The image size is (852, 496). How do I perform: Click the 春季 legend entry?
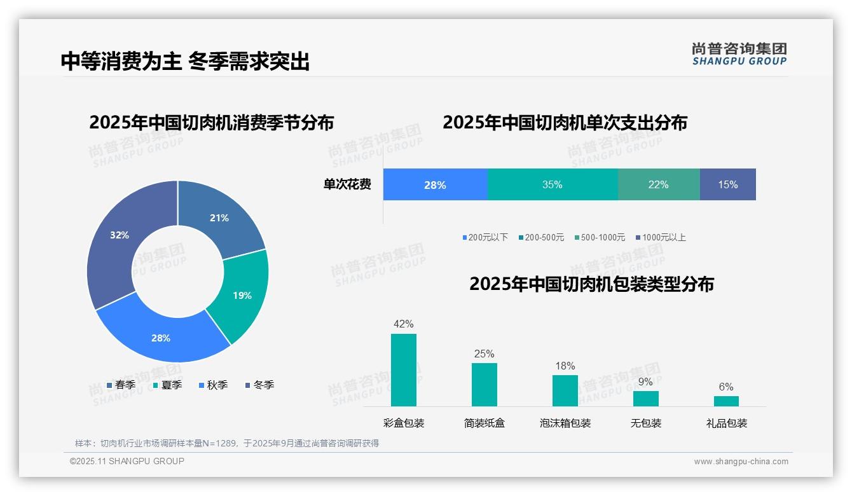click(121, 385)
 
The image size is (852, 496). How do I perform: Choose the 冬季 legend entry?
click(259, 385)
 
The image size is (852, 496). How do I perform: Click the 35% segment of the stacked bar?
click(552, 184)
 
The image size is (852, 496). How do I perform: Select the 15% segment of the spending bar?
click(727, 184)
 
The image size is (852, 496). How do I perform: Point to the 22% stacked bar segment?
click(658, 184)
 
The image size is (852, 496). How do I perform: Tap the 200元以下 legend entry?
click(485, 237)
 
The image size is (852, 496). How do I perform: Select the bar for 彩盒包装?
click(403, 369)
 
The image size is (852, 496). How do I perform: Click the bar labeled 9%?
click(645, 398)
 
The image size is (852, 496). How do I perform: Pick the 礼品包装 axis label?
click(727, 423)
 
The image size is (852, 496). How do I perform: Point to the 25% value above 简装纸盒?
click(484, 354)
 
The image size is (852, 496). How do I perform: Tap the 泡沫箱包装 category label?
click(565, 423)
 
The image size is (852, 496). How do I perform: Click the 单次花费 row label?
click(347, 184)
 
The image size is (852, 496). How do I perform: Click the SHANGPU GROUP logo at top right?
click(739, 53)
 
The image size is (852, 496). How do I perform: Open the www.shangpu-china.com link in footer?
click(741, 462)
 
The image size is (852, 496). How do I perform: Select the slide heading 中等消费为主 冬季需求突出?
click(185, 62)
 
